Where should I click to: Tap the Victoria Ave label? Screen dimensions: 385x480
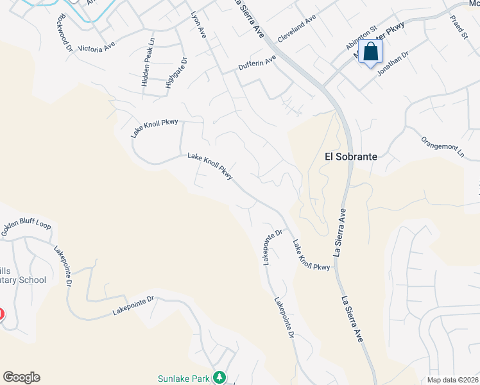click(x=96, y=47)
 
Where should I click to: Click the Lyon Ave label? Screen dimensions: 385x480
click(x=198, y=24)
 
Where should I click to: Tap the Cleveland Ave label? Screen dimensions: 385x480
click(x=297, y=30)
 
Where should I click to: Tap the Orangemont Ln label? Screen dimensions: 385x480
click(x=442, y=146)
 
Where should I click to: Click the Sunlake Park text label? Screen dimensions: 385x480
click(x=184, y=379)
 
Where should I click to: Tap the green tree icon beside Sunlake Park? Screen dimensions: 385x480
click(x=220, y=377)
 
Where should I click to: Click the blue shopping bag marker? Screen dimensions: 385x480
click(x=371, y=52)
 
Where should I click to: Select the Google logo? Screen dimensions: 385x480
click(x=21, y=377)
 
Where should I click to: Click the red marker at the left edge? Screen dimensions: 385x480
click(x=1, y=314)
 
